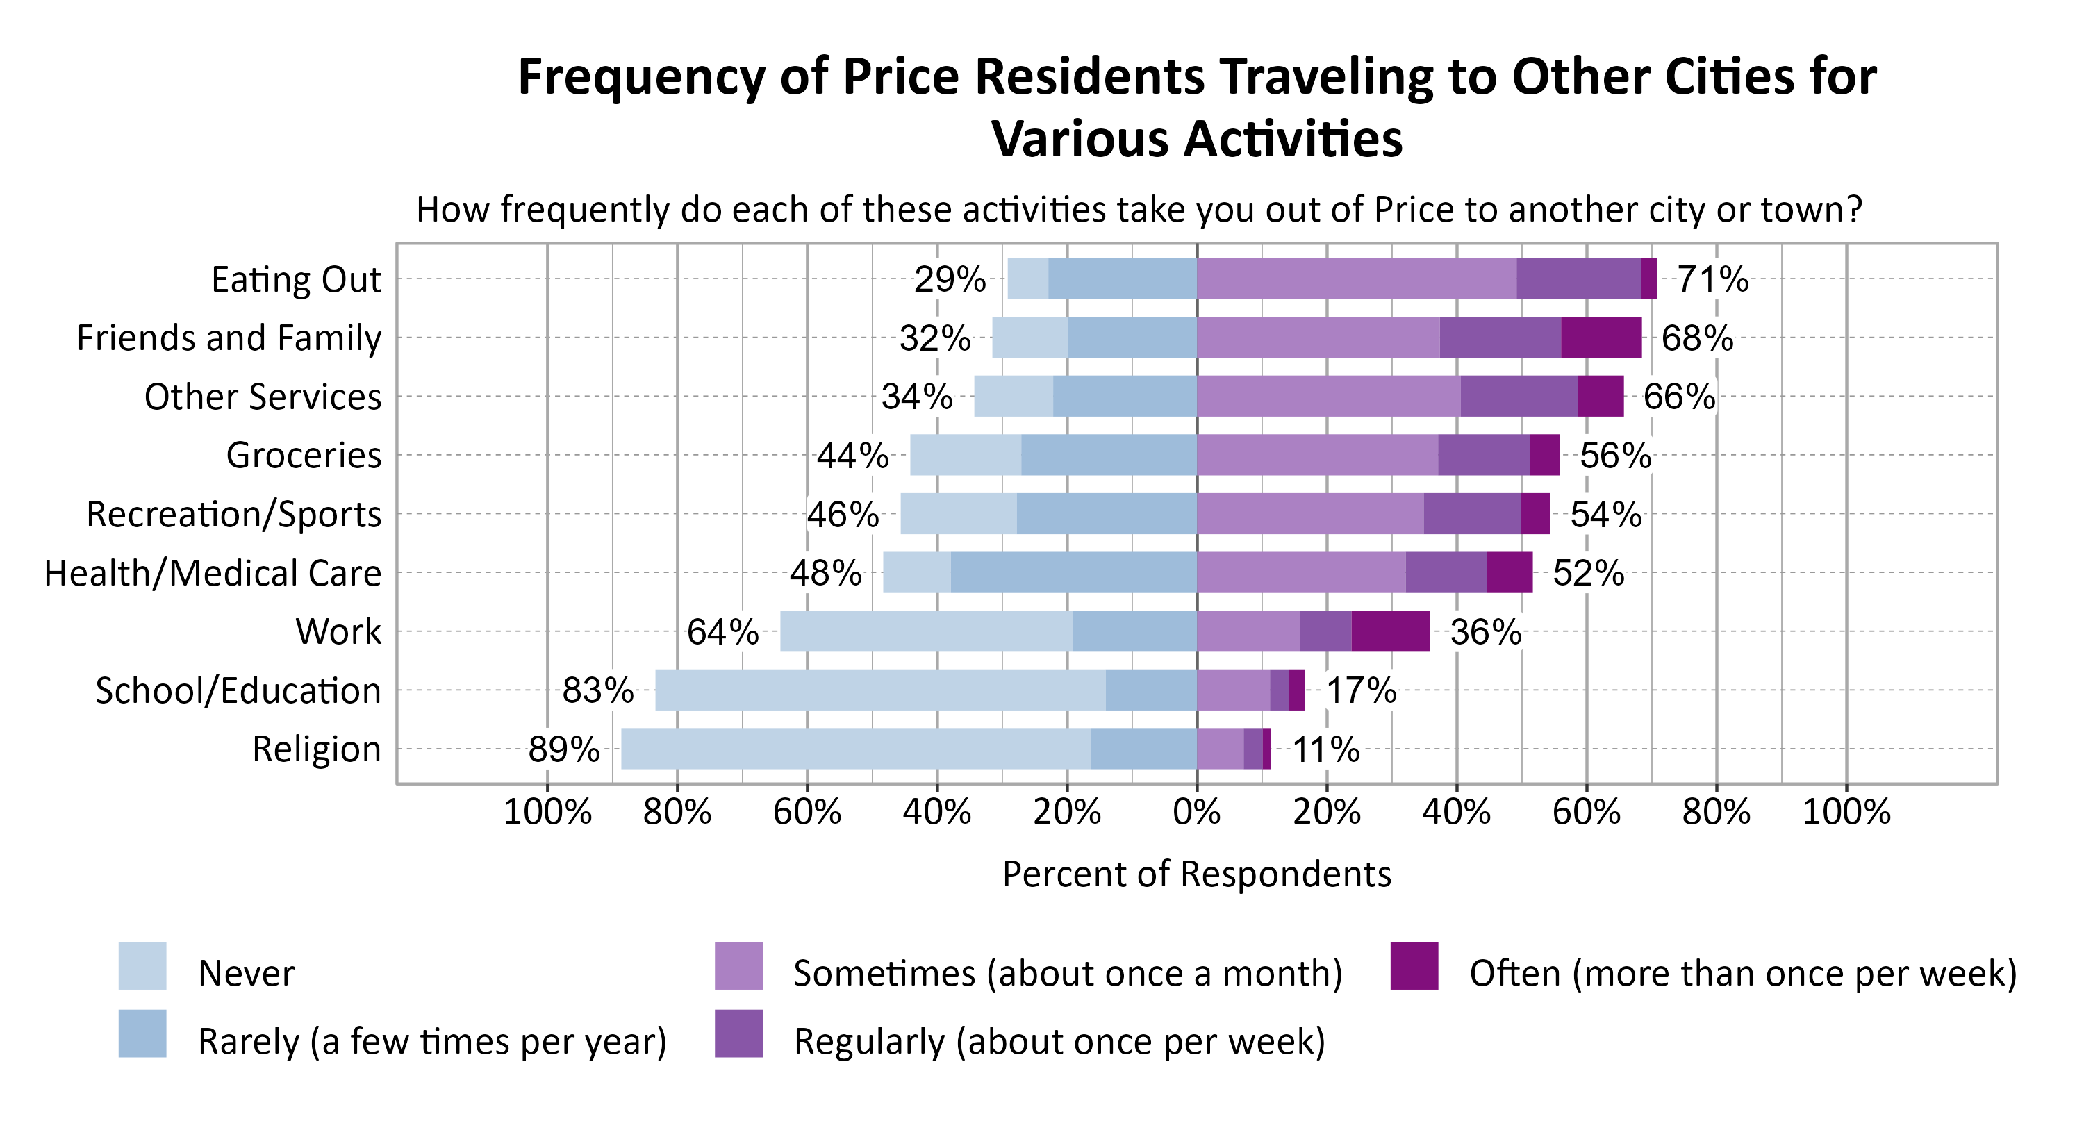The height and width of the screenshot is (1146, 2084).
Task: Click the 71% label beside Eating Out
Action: [1712, 279]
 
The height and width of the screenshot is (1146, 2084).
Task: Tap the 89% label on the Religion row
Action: [564, 749]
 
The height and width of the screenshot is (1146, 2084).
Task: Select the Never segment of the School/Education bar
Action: [879, 690]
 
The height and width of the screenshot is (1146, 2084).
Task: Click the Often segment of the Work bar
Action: [1390, 631]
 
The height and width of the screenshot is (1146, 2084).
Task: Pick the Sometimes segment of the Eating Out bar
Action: [1356, 279]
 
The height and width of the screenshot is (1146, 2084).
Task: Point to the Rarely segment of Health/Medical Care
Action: [1073, 572]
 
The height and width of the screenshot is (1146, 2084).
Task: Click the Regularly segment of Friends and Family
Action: [1500, 338]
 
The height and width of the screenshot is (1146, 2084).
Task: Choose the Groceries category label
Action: [304, 456]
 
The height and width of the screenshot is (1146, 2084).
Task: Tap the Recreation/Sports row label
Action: [234, 515]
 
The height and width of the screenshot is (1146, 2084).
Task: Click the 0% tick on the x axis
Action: [1196, 811]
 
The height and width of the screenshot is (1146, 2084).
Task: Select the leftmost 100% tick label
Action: [547, 811]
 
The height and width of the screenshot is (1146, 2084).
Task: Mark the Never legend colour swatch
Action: [142, 965]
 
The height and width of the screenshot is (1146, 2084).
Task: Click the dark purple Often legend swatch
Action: [1414, 965]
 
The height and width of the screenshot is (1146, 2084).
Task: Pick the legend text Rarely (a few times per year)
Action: [432, 1041]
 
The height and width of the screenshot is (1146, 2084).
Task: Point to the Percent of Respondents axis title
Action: [1196, 874]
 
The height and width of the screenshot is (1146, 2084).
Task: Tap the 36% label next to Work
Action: [1485, 631]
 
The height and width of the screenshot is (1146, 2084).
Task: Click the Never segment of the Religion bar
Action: [855, 749]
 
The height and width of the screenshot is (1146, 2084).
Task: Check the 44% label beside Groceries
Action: [852, 456]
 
